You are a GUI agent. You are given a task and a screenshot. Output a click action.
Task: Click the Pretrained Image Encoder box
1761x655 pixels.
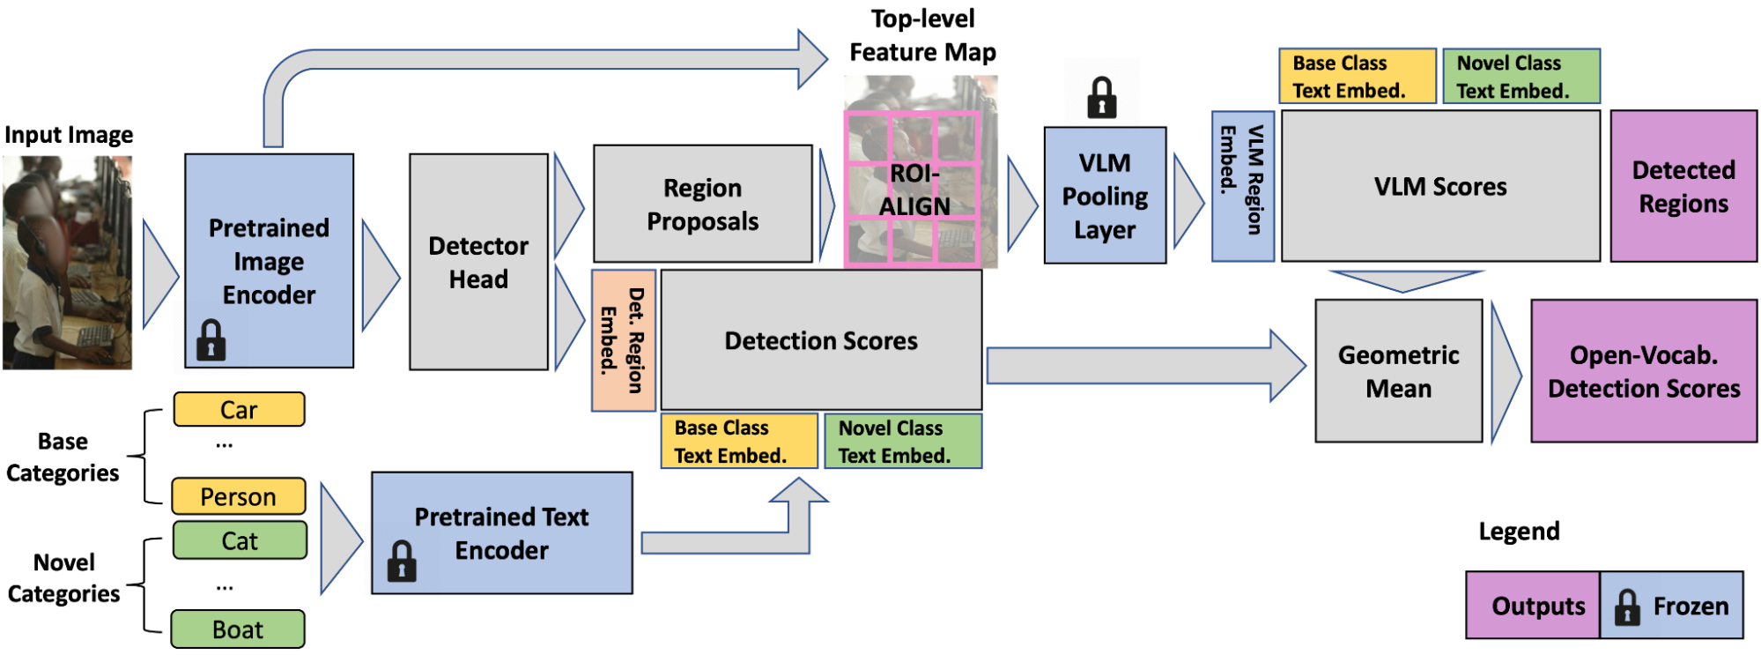[269, 260]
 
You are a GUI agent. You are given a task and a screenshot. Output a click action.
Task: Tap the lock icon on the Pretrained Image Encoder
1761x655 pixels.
[211, 339]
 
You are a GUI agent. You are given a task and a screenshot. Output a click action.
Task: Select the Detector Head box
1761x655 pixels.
[478, 262]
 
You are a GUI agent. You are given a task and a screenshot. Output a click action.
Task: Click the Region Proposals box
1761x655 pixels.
[702, 204]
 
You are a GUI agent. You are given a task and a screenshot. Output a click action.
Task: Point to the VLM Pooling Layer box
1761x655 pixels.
[1105, 196]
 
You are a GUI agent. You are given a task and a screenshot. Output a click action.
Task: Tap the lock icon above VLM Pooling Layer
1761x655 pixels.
[1101, 97]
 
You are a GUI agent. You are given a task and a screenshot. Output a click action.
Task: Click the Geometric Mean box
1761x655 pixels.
[1398, 371]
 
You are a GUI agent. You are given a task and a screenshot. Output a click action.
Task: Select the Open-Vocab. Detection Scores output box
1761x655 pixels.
[1644, 371]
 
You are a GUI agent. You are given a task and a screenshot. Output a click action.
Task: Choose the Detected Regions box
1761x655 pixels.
[1683, 186]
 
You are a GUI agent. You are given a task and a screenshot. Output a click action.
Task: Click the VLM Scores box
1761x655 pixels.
[1440, 186]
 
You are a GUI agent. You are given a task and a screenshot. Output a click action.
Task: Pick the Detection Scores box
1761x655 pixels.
[821, 340]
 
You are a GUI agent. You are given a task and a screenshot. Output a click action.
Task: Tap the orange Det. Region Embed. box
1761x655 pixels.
[623, 340]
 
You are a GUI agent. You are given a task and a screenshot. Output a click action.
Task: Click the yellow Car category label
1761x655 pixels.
[239, 410]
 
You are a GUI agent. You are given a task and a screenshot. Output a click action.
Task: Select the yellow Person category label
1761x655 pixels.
[238, 496]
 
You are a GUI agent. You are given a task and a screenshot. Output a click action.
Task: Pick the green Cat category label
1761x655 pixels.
[239, 540]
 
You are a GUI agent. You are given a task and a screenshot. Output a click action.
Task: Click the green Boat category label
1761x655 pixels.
[238, 629]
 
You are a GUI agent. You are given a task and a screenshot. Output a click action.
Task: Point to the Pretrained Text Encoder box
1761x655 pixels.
[501, 533]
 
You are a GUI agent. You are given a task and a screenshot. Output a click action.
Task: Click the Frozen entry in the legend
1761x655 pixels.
[1672, 606]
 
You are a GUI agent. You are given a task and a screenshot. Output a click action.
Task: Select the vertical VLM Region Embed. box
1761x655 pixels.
[1242, 186]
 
